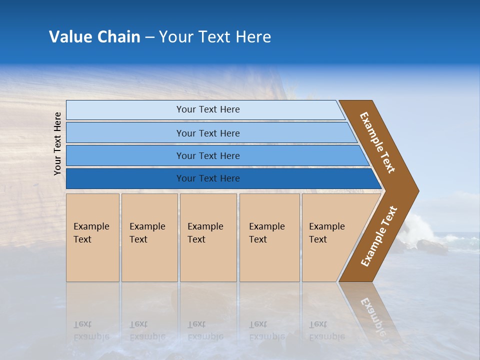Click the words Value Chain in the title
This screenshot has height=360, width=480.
click(94, 37)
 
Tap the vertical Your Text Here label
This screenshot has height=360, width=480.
click(58, 144)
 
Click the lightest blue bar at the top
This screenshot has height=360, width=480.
click(208, 109)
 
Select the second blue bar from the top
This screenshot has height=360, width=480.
click(208, 133)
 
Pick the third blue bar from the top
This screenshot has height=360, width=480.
click(208, 155)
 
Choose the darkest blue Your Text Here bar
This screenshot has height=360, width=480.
click(208, 178)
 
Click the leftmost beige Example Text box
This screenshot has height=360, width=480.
click(92, 237)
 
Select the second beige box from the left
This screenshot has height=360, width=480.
click(149, 237)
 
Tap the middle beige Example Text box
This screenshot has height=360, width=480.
click(208, 237)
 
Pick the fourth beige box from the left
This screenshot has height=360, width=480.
click(269, 237)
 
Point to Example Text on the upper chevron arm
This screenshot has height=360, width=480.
click(377, 142)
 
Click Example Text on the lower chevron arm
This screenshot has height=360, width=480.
click(379, 236)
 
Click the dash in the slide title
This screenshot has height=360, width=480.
click(149, 37)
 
